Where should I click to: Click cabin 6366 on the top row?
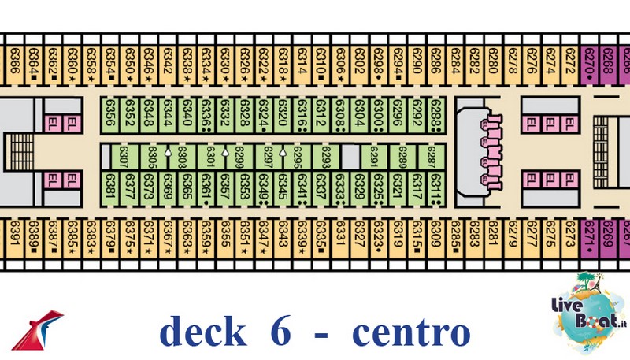(x=14, y=60)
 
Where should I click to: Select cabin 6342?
(x=168, y=60)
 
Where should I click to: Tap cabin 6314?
(x=302, y=60)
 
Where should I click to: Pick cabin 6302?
(x=359, y=60)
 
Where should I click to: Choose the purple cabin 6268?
(x=608, y=60)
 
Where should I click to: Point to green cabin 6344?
(x=168, y=115)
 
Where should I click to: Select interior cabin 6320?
(x=283, y=115)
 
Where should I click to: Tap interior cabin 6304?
(x=359, y=115)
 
